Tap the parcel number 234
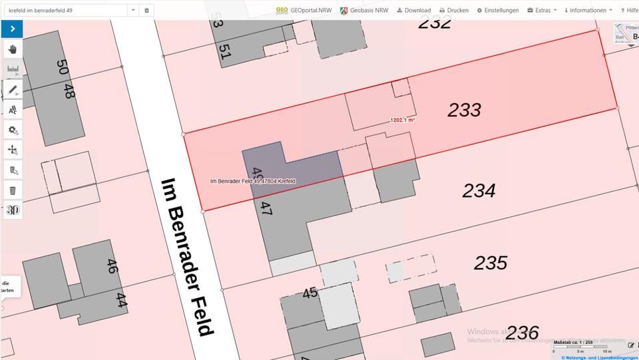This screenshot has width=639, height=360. (479, 192)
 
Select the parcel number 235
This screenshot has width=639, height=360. (491, 263)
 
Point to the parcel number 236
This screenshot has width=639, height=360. (522, 332)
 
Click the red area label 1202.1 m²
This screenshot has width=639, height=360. (403, 120)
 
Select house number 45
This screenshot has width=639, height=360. (310, 293)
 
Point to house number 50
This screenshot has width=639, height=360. (63, 67)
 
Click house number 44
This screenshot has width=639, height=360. (121, 301)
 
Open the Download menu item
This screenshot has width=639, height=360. (413, 11)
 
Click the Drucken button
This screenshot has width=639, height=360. (454, 11)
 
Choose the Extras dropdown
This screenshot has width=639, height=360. (541, 11)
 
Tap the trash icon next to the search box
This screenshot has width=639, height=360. (147, 11)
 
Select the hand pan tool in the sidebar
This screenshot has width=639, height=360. (12, 49)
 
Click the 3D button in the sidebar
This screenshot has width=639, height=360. (12, 210)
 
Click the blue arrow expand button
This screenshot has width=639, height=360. (12, 29)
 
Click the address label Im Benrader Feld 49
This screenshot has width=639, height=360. (252, 182)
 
